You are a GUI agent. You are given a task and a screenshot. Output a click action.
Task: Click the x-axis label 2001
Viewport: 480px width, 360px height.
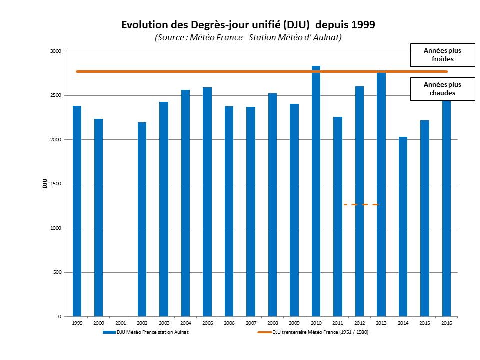[x=120, y=324]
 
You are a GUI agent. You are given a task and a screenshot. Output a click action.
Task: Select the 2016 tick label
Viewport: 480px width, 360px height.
[x=446, y=324]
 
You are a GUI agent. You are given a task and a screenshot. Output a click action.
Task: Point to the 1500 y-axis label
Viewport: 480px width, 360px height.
[x=55, y=184]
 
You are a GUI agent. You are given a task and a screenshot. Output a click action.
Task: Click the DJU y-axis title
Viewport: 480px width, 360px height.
[x=44, y=184]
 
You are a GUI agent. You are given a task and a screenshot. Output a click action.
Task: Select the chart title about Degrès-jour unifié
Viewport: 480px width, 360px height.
[x=248, y=25]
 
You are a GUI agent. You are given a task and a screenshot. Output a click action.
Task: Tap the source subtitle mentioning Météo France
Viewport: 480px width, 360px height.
[x=248, y=38]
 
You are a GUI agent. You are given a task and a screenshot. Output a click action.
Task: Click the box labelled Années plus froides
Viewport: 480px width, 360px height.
[x=442, y=55]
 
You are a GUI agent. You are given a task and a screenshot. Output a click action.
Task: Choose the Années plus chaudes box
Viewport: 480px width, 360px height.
[x=442, y=89]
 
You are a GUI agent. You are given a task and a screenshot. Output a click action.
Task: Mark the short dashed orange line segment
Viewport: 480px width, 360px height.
[x=361, y=204]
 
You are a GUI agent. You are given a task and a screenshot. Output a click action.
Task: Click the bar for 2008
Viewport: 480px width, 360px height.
[x=272, y=205]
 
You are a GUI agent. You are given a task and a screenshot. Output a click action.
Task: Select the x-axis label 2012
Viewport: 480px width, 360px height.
[x=359, y=324]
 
